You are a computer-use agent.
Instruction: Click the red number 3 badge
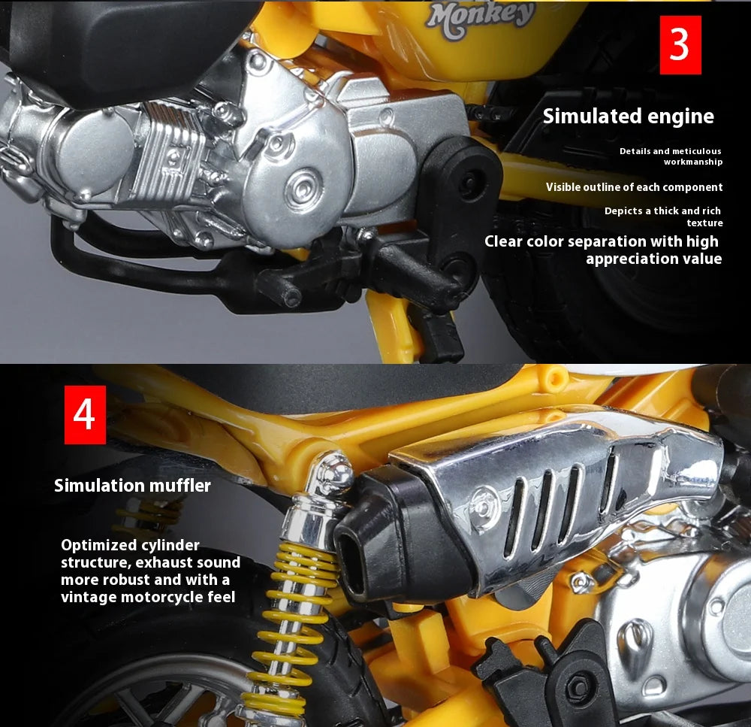pos(680,45)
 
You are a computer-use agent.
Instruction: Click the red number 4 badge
pos(84,414)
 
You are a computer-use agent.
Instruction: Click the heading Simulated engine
pos(628,117)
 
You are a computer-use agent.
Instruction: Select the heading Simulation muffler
pos(132,486)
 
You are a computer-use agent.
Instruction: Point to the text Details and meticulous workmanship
pos(671,156)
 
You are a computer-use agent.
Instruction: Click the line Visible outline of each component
pos(634,187)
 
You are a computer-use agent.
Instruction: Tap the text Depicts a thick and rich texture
pos(664,217)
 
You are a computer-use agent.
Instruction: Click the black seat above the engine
pos(113,38)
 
